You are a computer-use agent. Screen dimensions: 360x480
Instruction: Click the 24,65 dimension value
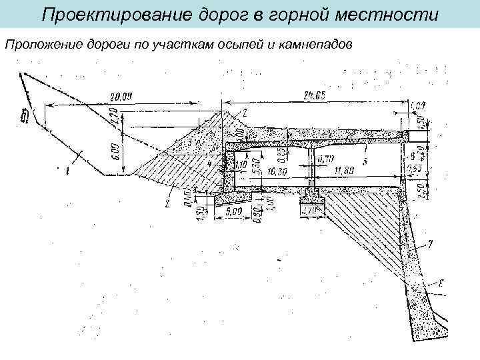[x=313, y=96]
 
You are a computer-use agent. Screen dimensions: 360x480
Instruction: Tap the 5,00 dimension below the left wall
[x=233, y=211]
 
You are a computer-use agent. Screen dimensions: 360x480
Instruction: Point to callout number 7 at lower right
[x=431, y=245]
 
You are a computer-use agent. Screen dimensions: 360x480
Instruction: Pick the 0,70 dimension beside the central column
[x=327, y=159]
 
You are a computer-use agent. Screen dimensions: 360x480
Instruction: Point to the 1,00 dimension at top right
[x=419, y=105]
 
